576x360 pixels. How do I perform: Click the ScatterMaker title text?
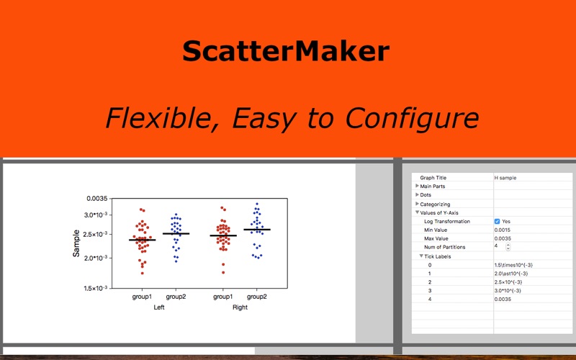click(286, 52)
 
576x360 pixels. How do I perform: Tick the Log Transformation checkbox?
click(498, 221)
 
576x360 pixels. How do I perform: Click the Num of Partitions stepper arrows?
click(508, 247)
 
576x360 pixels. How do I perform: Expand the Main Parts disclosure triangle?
click(418, 186)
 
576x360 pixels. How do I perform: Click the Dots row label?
click(426, 195)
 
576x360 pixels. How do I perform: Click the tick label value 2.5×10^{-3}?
click(508, 282)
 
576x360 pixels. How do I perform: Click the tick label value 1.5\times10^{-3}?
click(513, 264)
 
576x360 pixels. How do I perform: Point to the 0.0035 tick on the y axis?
click(96, 198)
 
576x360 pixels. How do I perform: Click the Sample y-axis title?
click(76, 244)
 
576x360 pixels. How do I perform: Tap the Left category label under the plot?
click(158, 307)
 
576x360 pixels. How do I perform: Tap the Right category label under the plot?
click(240, 307)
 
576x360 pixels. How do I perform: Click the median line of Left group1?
click(142, 240)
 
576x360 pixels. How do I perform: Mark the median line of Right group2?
click(257, 230)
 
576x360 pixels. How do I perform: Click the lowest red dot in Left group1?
click(142, 273)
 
